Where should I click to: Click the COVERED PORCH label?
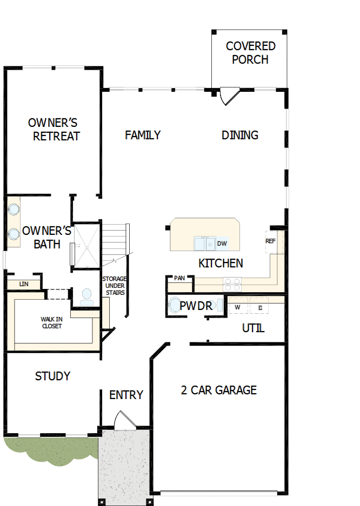tap(250, 53)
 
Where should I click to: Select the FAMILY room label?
tap(143, 135)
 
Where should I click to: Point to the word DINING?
tap(240, 135)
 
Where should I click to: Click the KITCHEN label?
tap(221, 264)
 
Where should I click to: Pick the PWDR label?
tap(196, 306)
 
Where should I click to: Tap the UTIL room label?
tap(253, 328)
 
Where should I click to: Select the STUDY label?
tap(52, 376)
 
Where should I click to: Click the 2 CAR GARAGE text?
tap(218, 390)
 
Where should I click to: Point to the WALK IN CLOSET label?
tap(51, 322)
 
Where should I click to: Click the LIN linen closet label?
tap(23, 284)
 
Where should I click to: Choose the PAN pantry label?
tap(179, 278)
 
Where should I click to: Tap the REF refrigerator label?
tap(270, 241)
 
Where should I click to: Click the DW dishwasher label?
tap(222, 244)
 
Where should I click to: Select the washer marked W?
tap(237, 308)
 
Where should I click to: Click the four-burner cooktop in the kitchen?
tap(232, 281)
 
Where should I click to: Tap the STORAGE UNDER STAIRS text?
tap(114, 286)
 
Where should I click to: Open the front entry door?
tap(123, 421)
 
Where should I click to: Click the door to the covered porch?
tap(229, 96)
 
